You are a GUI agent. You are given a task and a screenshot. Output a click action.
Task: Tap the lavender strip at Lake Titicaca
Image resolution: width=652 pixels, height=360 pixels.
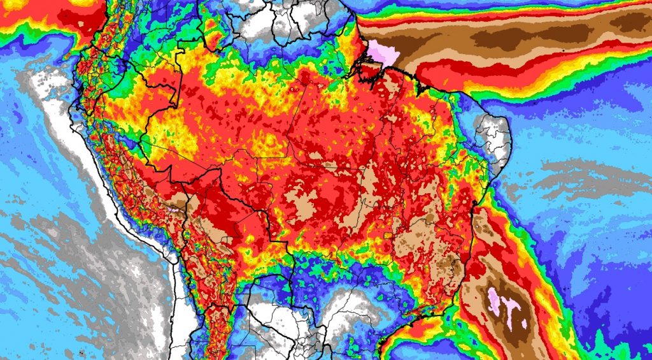(x=173, y=206)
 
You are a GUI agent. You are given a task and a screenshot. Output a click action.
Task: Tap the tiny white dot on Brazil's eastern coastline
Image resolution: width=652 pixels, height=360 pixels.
(x=474, y=227)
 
